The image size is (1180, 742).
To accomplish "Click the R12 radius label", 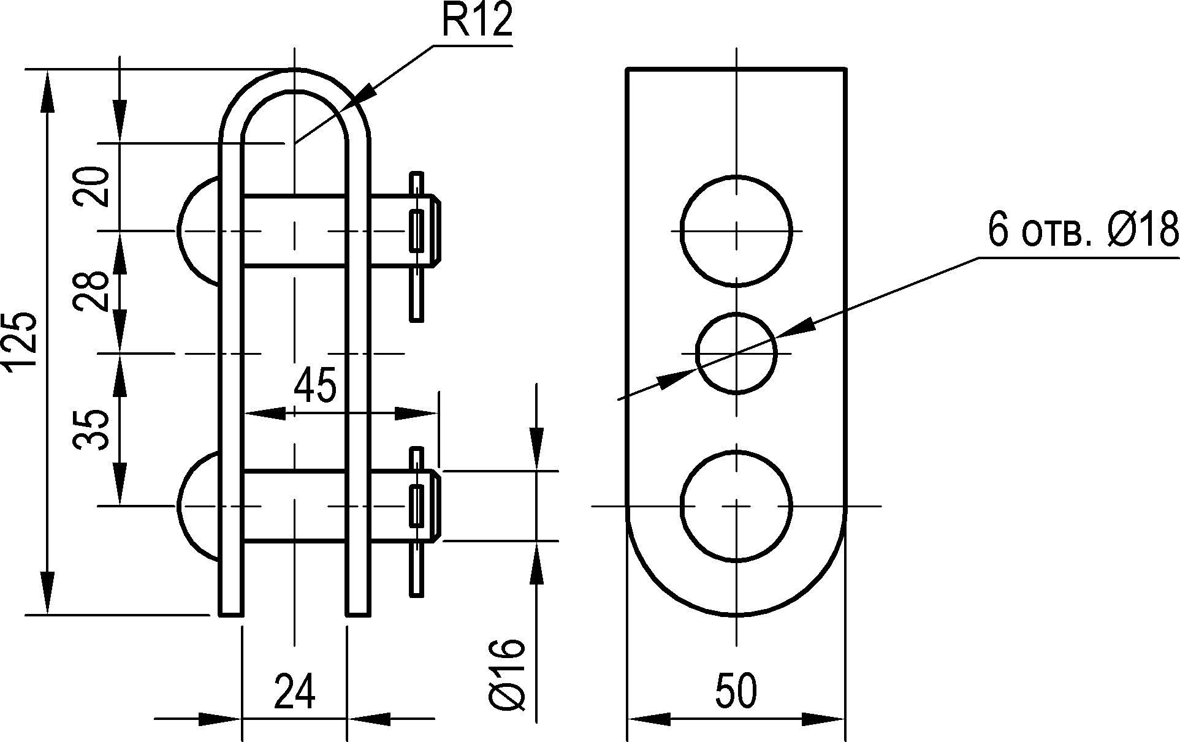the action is tap(476, 22).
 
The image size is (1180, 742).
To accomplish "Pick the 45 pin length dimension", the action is tap(315, 386).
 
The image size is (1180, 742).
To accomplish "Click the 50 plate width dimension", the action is tap(736, 691).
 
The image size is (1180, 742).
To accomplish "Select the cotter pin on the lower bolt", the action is tap(417, 521).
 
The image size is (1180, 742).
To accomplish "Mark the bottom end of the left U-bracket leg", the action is tap(230, 614).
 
